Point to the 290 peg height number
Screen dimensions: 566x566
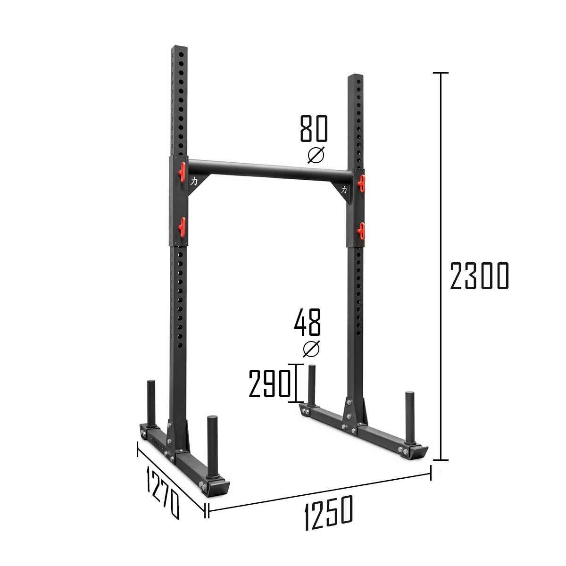pos(269,383)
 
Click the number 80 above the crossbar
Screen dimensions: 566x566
pos(314,128)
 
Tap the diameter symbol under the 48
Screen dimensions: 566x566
pos(311,349)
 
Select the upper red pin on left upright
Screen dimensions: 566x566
pos(182,171)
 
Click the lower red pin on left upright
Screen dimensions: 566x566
pos(182,225)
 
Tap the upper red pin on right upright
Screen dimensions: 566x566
pos(361,183)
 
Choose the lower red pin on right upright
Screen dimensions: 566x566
pos(361,230)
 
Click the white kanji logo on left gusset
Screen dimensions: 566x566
pos(194,181)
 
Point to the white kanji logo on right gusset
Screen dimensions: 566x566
pos(344,190)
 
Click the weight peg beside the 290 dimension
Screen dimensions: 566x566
pos(311,384)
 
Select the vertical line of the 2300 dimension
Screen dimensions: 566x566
pos(441,266)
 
